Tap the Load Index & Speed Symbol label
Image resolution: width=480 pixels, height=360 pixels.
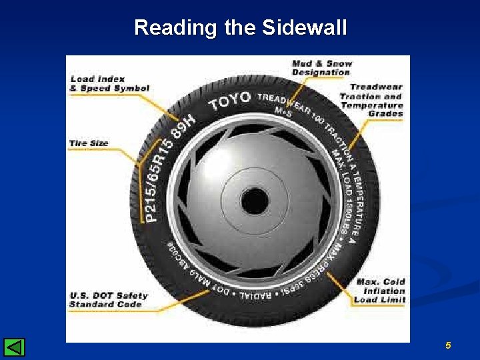coord(109,84)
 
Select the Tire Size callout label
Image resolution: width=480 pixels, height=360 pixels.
coord(88,143)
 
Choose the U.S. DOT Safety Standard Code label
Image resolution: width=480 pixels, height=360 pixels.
coord(109,300)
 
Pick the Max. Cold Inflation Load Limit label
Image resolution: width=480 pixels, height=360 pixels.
coord(380,291)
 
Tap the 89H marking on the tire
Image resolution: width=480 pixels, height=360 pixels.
coord(183,125)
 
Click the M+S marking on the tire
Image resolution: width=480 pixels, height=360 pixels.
coord(284,113)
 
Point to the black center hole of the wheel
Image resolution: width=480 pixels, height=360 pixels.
coord(254,200)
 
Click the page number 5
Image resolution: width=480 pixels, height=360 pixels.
coord(448,345)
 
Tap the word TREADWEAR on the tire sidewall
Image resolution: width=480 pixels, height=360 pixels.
coord(284,102)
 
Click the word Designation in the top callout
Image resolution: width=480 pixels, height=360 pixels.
coord(321,72)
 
